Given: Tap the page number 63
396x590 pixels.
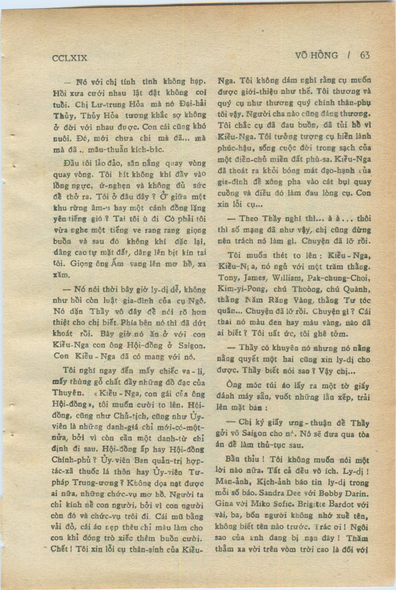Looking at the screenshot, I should coord(365,55).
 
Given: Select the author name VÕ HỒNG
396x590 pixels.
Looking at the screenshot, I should coord(316,55).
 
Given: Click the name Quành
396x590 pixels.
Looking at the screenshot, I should coord(359,290).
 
